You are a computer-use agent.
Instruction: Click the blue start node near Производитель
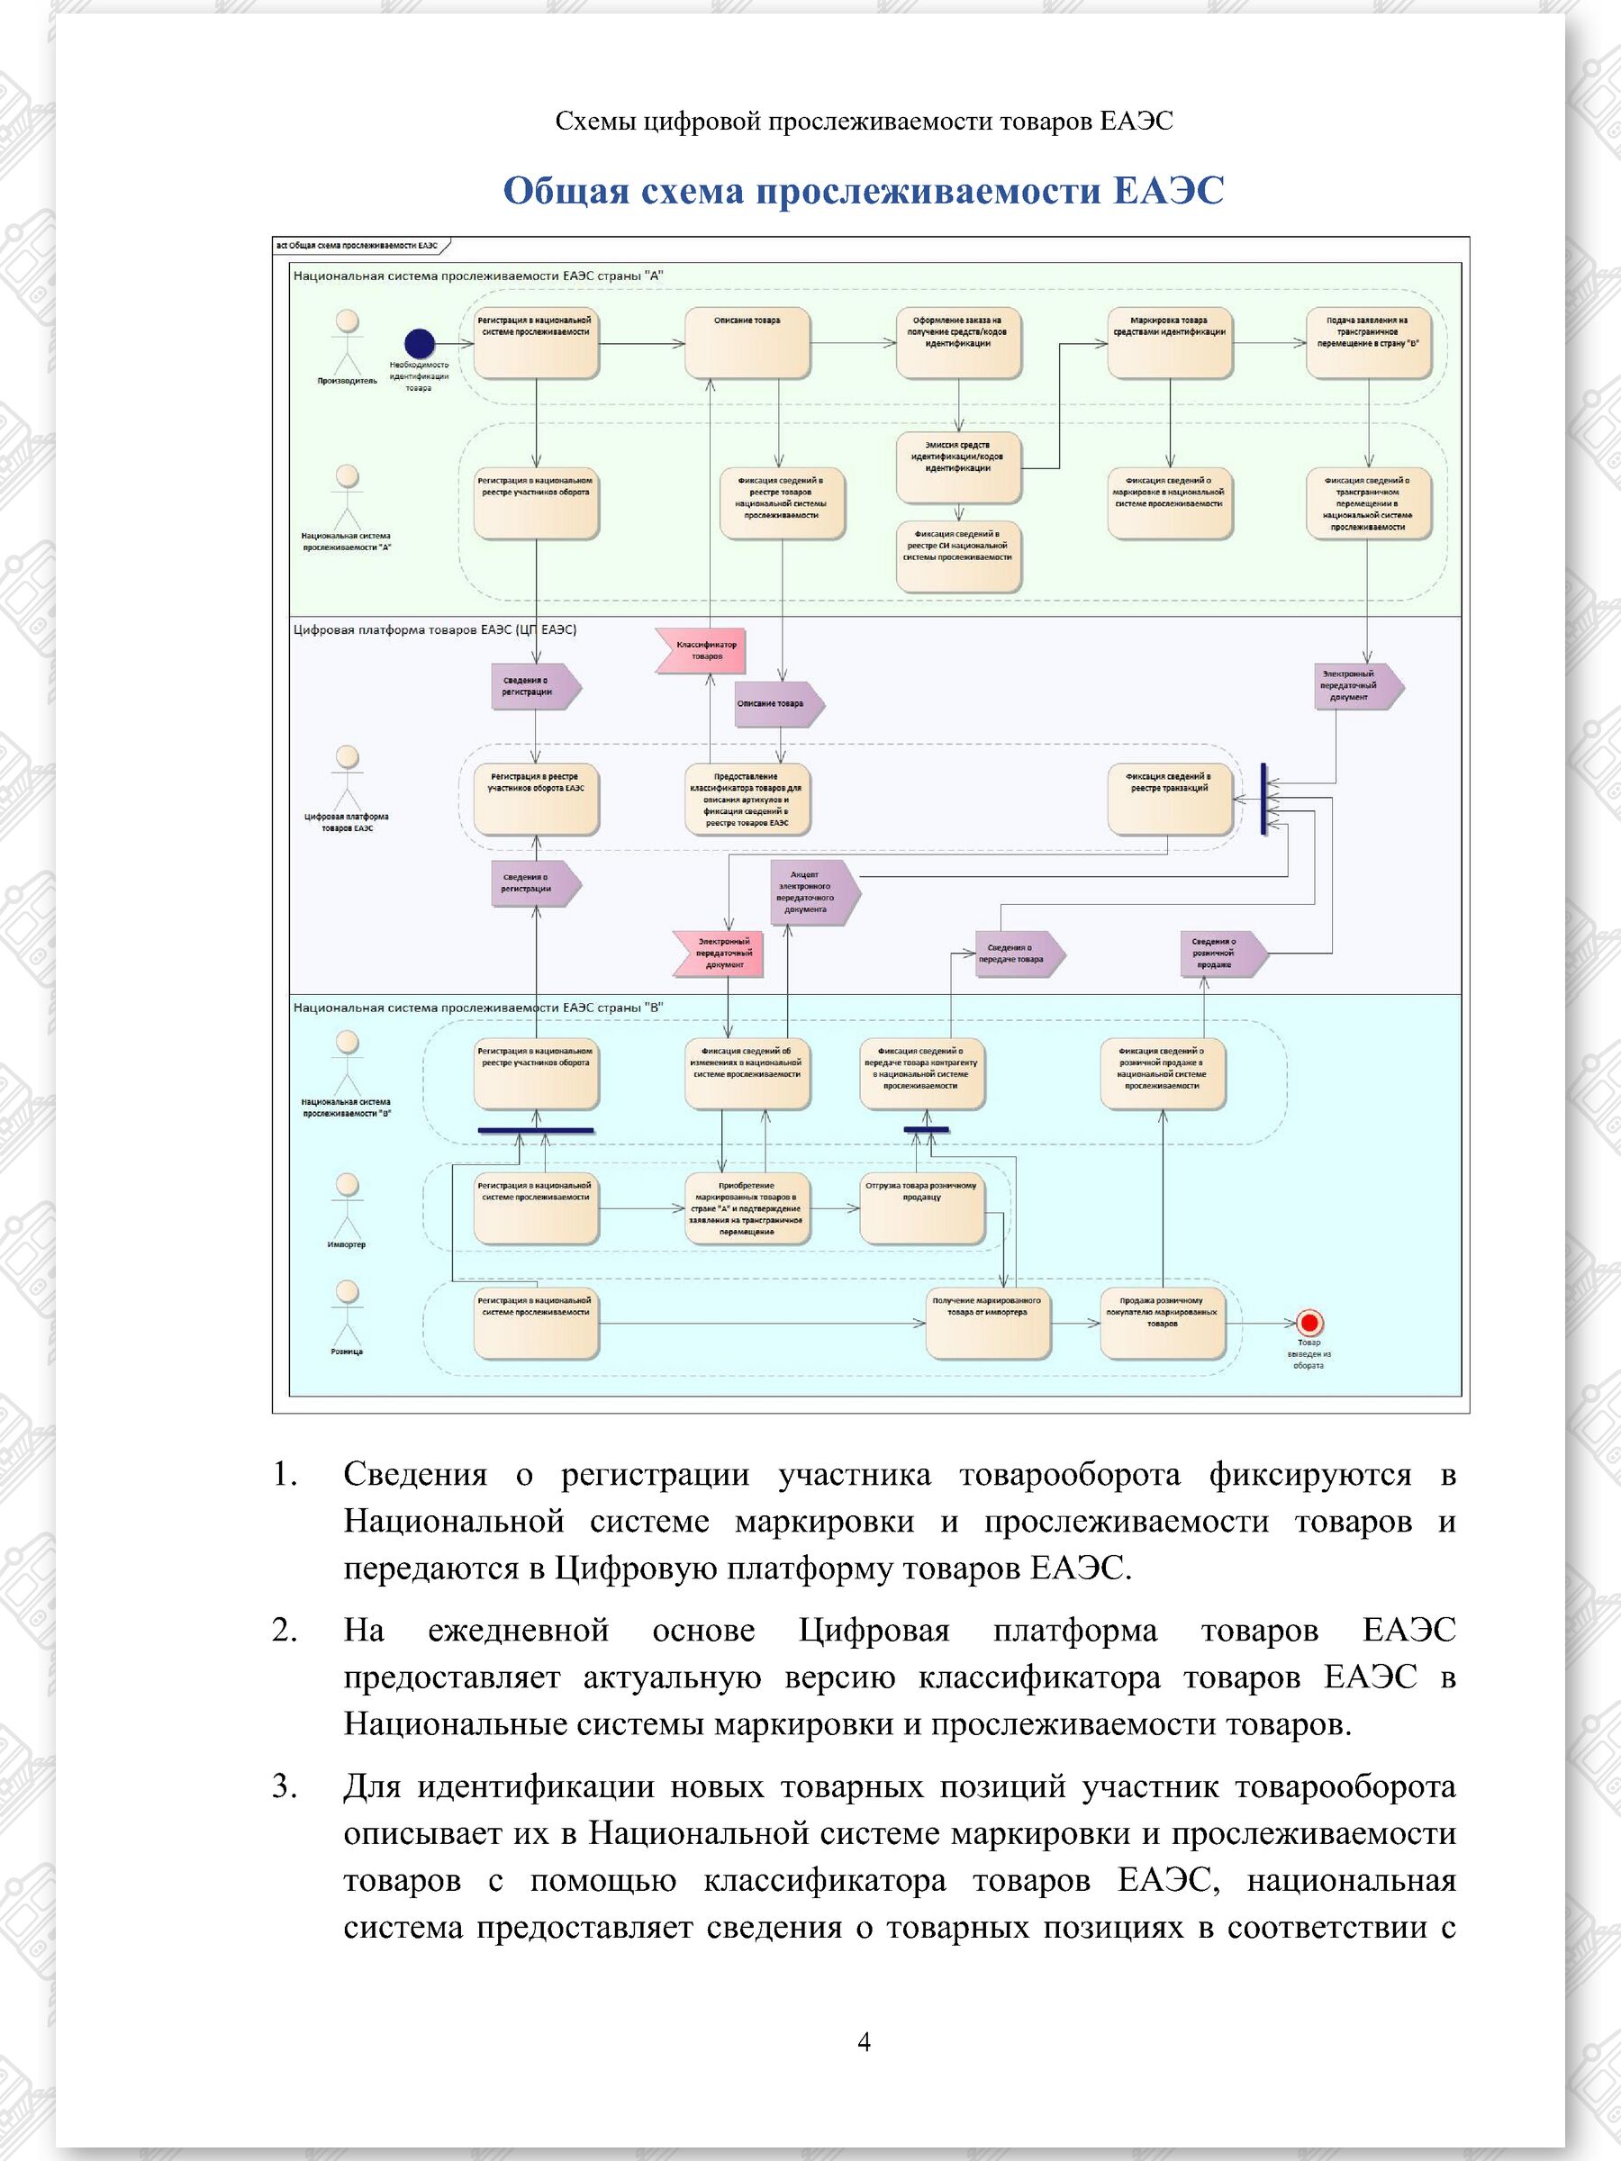[419, 344]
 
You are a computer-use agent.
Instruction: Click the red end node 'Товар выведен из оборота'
[1309, 1323]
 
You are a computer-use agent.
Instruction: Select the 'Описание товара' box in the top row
[747, 343]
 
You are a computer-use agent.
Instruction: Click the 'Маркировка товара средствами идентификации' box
[1169, 343]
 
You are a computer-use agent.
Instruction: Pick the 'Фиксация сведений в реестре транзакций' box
[1170, 800]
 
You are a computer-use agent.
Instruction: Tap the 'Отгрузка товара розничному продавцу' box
[921, 1208]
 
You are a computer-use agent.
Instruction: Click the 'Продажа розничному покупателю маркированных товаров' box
[1162, 1324]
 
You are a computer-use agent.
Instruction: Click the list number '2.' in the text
[285, 1630]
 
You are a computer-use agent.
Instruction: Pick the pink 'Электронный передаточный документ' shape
[718, 954]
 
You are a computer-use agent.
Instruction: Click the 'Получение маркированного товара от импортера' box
[987, 1324]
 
